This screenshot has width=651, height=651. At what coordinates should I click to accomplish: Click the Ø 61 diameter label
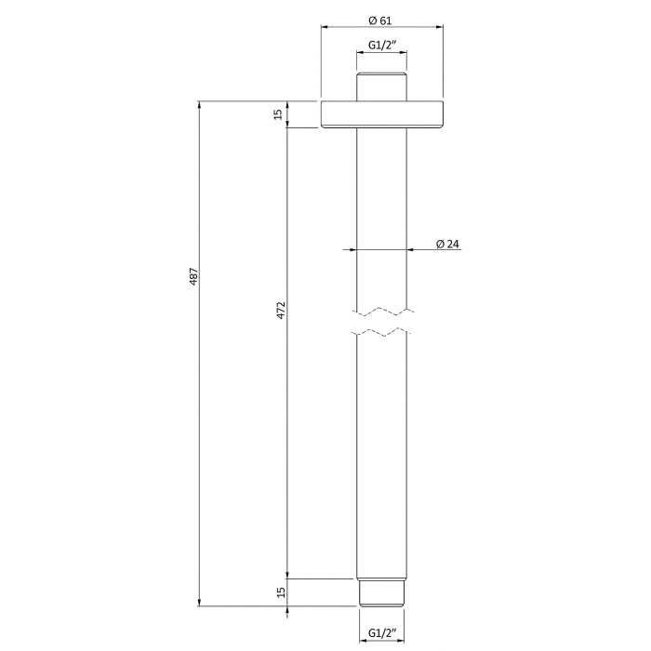pos(381,20)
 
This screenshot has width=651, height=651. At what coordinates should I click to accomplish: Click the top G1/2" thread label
pos(381,45)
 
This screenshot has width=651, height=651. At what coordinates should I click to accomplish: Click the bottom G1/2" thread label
pos(381,633)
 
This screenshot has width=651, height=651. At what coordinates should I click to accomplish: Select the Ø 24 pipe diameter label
pos(448,245)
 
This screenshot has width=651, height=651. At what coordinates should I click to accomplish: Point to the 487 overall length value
pos(193,276)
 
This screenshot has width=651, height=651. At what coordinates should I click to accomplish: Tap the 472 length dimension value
pos(281,310)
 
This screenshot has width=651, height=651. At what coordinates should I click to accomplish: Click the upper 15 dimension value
pos(278,113)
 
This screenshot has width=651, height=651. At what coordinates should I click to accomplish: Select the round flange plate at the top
pos(381,113)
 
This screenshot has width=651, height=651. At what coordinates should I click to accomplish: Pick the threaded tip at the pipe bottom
pos(381,592)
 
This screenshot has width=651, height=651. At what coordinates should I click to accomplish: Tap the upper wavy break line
pos(381,310)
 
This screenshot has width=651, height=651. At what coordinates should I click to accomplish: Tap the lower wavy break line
pos(381,332)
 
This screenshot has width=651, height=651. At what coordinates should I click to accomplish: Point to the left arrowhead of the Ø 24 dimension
pos(350,249)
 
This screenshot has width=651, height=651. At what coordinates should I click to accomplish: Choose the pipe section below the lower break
pos(381,456)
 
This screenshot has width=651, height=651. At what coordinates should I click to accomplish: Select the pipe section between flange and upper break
pos(381,205)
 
